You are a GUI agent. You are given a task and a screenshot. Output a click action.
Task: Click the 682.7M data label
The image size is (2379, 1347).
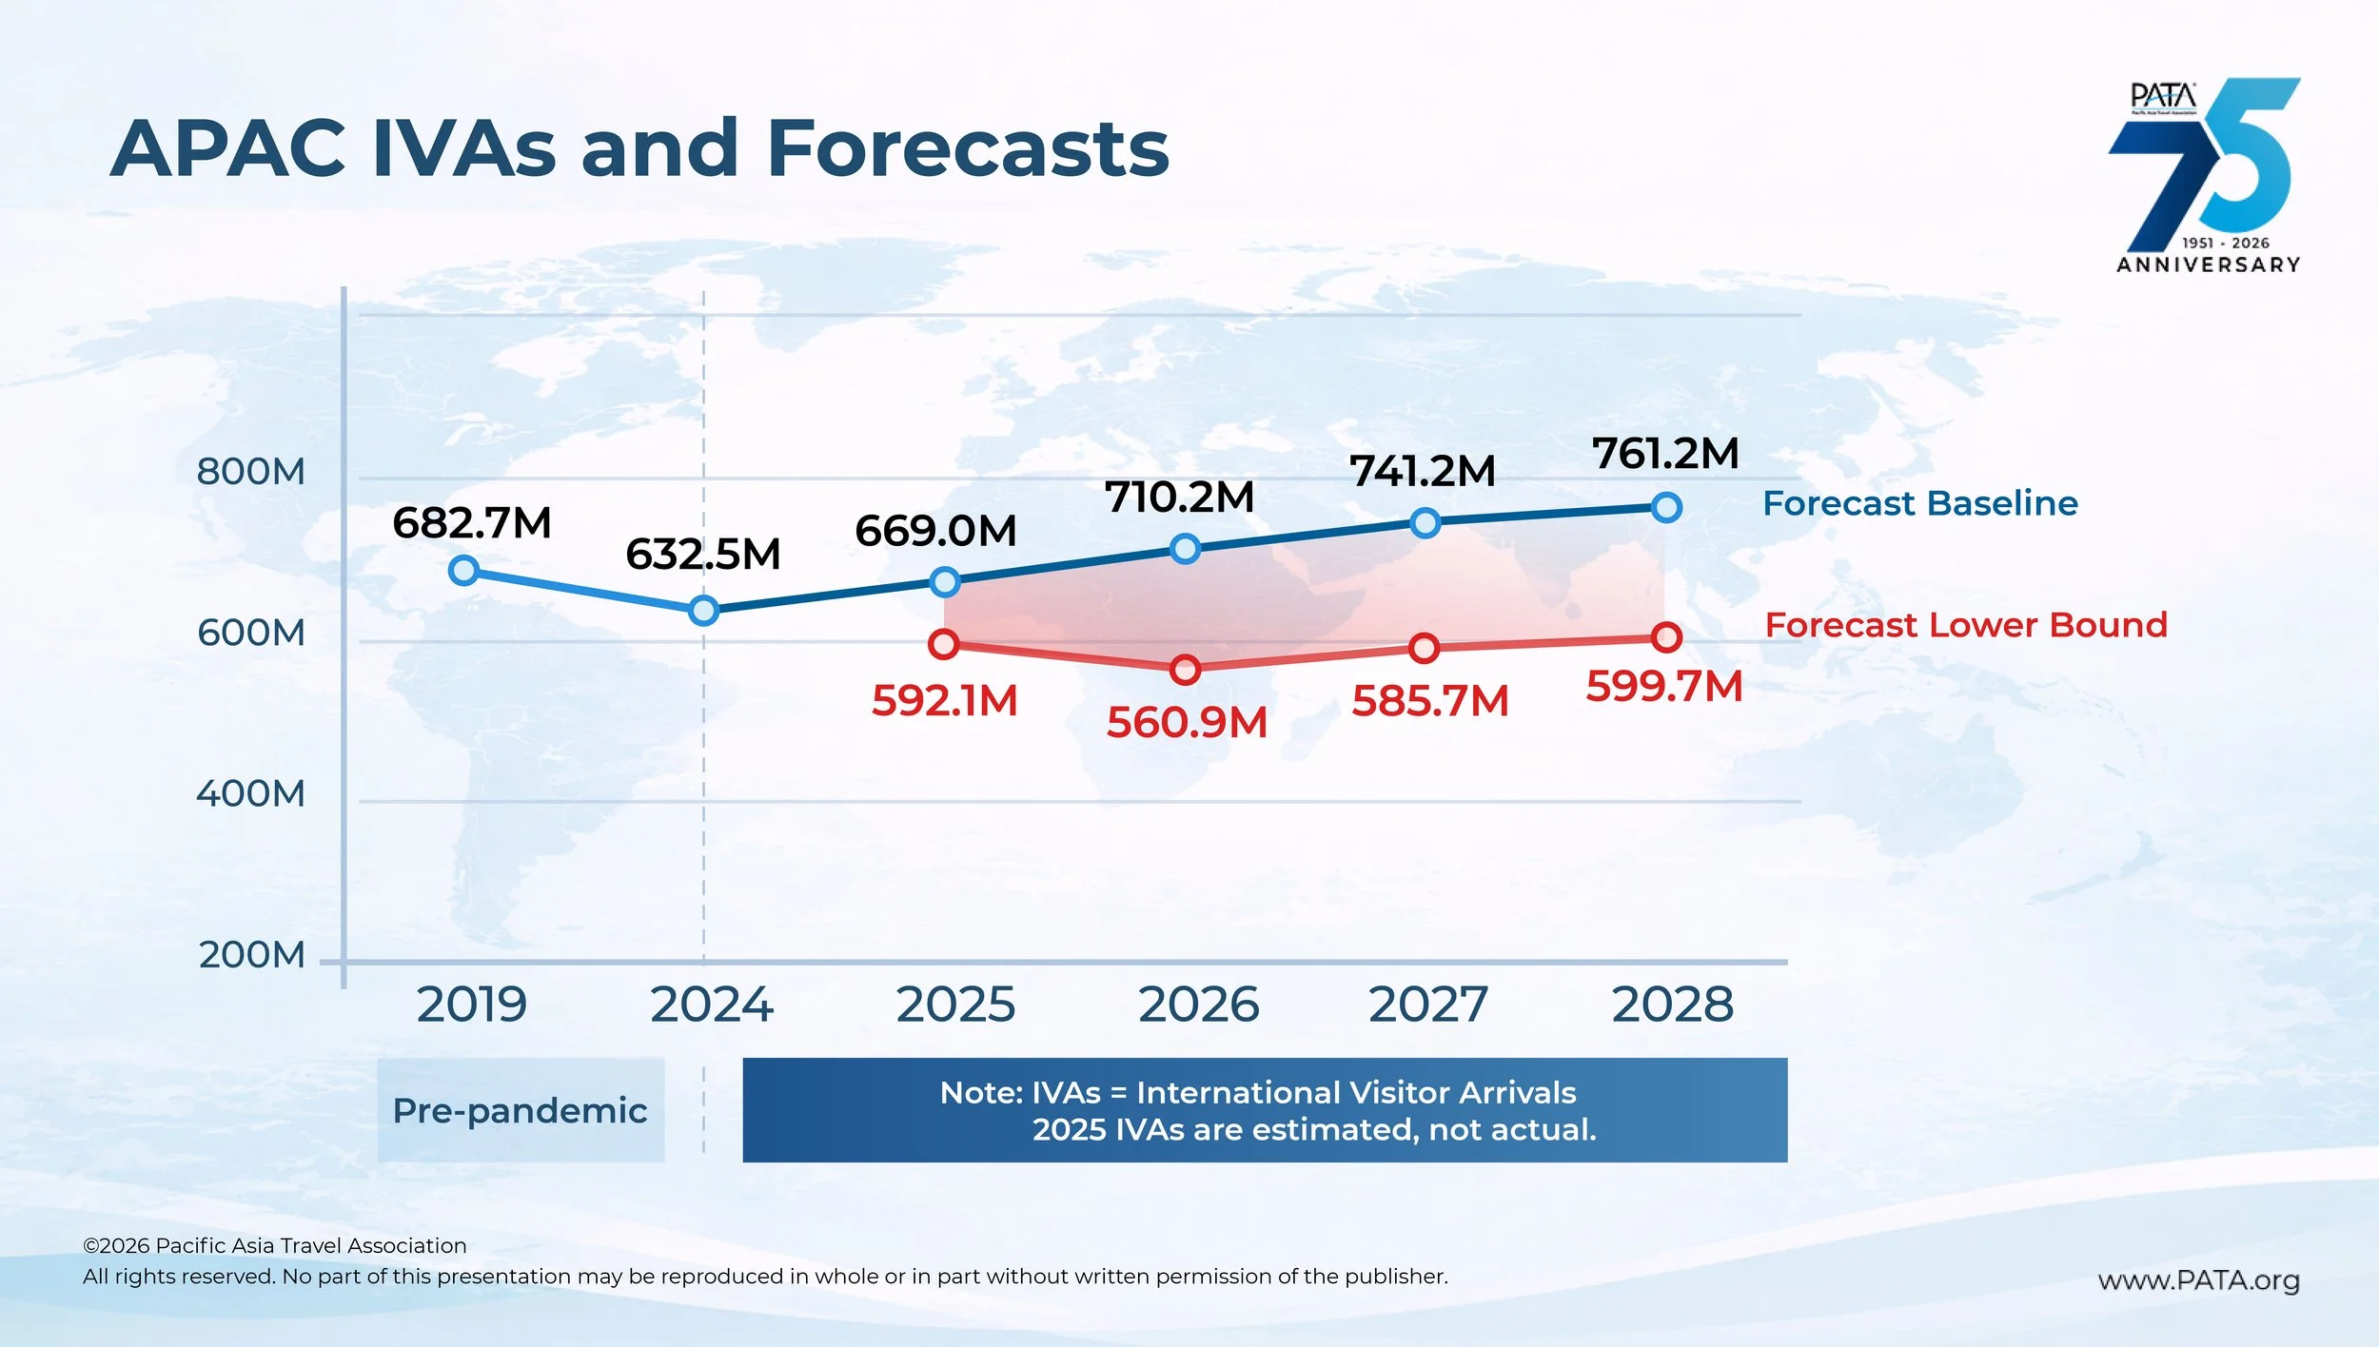pos(472,523)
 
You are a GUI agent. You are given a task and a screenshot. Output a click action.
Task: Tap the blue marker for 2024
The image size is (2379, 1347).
pos(703,610)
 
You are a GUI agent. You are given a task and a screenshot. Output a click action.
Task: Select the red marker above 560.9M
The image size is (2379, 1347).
pos(1185,670)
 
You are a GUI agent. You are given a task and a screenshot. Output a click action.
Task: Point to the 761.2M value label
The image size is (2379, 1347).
pos(1665,454)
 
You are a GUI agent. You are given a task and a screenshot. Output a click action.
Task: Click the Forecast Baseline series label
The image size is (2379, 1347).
pos(1919,503)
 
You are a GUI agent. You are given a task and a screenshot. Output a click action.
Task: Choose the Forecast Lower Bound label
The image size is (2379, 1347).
pos(1966,625)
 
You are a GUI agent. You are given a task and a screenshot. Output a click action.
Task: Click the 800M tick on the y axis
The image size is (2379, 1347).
pos(251,472)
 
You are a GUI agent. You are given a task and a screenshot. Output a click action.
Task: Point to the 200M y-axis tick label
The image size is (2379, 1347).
pos(252,955)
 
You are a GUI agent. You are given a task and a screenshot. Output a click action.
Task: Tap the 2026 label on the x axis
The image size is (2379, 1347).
pos(1198,1005)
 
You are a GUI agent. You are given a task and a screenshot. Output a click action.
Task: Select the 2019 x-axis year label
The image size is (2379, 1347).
pos(472,1005)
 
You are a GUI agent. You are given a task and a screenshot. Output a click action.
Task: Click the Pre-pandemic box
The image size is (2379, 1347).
pos(521,1110)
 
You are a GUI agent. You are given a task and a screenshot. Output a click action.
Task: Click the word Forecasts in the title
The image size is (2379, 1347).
pos(967,149)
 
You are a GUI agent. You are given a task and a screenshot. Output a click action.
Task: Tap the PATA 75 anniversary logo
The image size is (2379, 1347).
pos(2207,176)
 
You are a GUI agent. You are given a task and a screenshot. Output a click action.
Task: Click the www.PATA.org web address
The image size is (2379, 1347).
pos(2198,1280)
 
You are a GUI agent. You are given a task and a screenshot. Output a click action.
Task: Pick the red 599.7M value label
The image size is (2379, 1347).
pos(1663,686)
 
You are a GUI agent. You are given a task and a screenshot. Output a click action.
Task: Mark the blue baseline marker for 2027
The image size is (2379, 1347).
pos(1425,522)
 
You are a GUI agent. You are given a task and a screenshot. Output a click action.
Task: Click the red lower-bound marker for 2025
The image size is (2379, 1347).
pos(943,644)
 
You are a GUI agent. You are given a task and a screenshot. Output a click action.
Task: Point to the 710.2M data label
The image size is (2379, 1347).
pos(1179,498)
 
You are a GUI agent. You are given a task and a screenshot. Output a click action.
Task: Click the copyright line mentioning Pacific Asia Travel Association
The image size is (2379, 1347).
pos(275,1245)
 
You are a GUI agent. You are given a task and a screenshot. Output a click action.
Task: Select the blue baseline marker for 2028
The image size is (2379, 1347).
pos(1666,507)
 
